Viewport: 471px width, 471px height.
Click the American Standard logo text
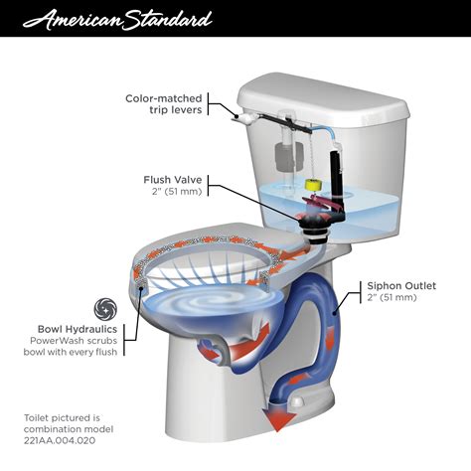pyautogui.click(x=118, y=19)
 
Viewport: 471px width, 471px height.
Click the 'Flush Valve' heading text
pyautogui.click(x=176, y=180)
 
